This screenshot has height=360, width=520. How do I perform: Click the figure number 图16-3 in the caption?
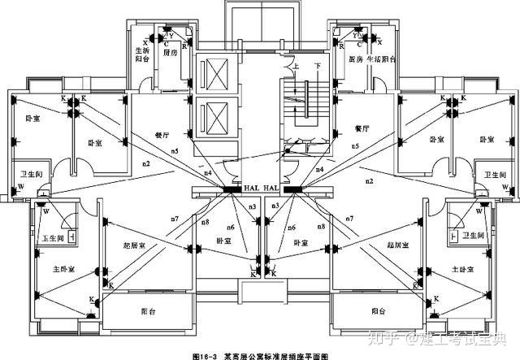[206, 355]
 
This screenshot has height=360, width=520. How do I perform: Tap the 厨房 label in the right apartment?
[354, 59]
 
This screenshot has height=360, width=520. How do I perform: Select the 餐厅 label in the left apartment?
[161, 134]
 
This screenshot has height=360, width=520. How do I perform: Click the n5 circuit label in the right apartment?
[355, 145]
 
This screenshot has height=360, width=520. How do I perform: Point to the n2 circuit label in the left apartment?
[145, 165]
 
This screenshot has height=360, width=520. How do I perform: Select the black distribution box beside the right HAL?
[292, 190]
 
